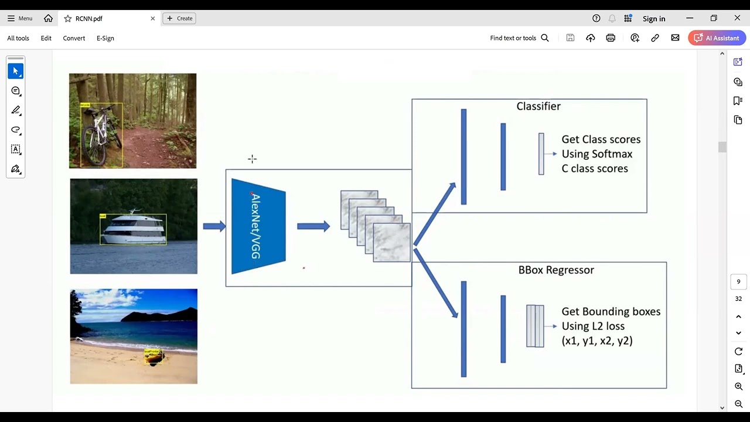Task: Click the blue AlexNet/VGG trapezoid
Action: [258, 226]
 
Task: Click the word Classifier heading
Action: [538, 106]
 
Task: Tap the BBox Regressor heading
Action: [556, 270]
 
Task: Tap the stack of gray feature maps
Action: [375, 226]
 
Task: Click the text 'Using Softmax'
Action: [596, 154]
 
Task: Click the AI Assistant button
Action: [717, 38]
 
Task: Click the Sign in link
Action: [654, 19]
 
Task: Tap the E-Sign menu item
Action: [105, 38]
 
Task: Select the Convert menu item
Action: [74, 38]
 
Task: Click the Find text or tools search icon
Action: [545, 38]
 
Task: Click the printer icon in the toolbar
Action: [611, 38]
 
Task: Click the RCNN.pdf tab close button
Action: [153, 19]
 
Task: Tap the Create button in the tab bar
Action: [179, 19]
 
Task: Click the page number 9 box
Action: [738, 282]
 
